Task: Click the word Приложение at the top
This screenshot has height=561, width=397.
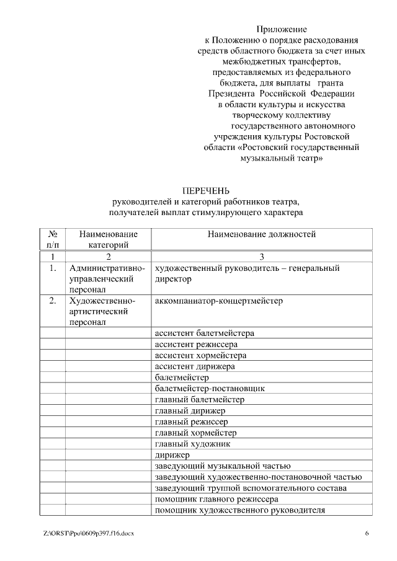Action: (x=282, y=29)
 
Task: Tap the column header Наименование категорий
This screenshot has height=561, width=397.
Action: (x=109, y=239)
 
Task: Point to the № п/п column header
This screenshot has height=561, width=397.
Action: (x=53, y=239)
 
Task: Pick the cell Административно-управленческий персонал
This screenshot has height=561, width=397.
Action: (x=109, y=278)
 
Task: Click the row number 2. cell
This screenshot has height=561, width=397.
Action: (x=53, y=301)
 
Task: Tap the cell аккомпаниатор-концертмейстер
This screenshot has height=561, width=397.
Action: (x=218, y=301)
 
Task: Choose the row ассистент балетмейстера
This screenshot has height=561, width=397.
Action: (x=204, y=333)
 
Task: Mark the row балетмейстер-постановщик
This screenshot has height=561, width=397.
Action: (x=210, y=388)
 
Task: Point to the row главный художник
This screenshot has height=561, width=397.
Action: (x=192, y=444)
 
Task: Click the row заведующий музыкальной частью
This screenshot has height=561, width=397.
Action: (x=223, y=466)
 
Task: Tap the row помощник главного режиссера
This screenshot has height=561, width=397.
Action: (x=216, y=499)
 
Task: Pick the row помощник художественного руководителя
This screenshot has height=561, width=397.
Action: (x=239, y=510)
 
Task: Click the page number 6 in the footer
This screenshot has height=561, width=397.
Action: (x=367, y=533)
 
